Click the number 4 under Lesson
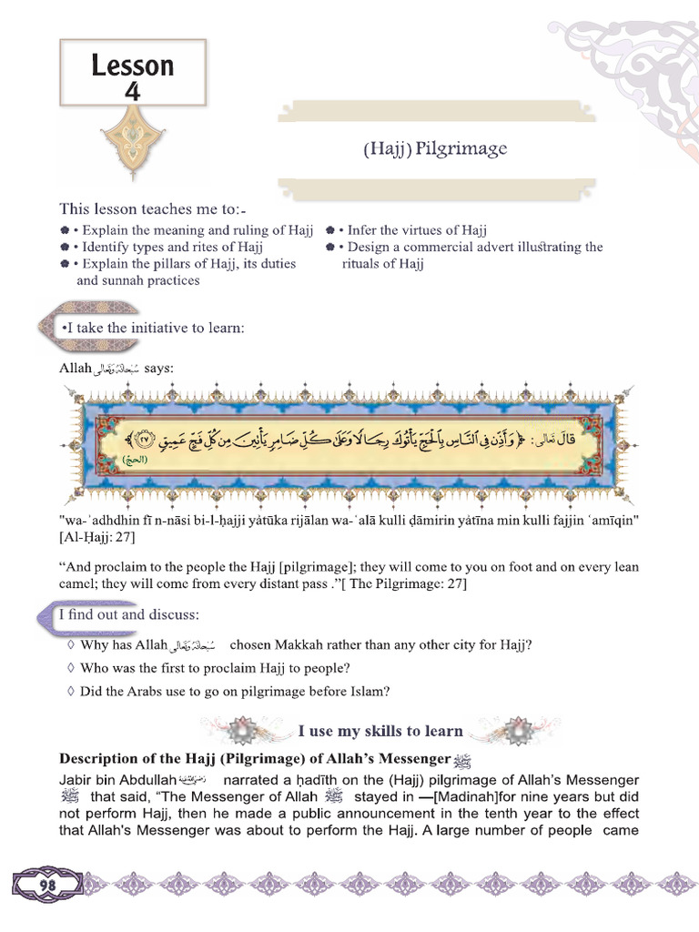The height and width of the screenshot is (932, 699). (133, 90)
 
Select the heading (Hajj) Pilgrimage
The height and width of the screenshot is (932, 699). (434, 148)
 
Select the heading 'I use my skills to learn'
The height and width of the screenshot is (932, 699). (380, 731)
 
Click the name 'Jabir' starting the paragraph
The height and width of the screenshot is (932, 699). (77, 780)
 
